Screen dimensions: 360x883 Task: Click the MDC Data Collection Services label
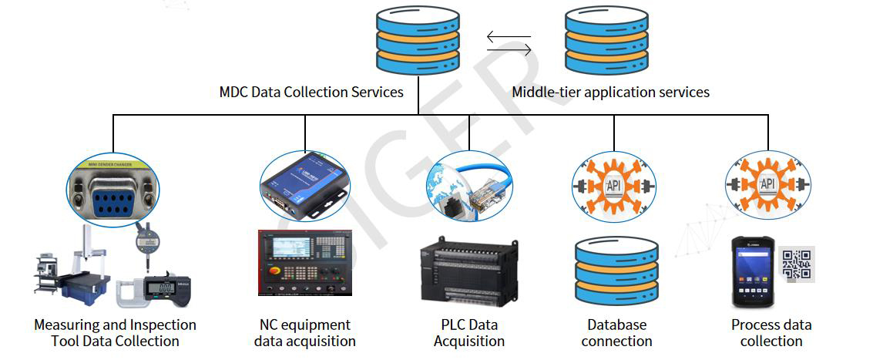[311, 93]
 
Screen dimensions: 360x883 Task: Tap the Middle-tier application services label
[611, 93]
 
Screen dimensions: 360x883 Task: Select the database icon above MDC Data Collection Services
[418, 40]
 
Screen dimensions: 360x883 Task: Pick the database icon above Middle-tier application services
[606, 40]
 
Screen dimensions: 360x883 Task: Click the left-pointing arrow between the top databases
[509, 35]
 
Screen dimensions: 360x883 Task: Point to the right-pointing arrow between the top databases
[509, 50]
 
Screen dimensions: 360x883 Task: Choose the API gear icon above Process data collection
[767, 185]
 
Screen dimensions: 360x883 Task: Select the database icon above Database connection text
[616, 274]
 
